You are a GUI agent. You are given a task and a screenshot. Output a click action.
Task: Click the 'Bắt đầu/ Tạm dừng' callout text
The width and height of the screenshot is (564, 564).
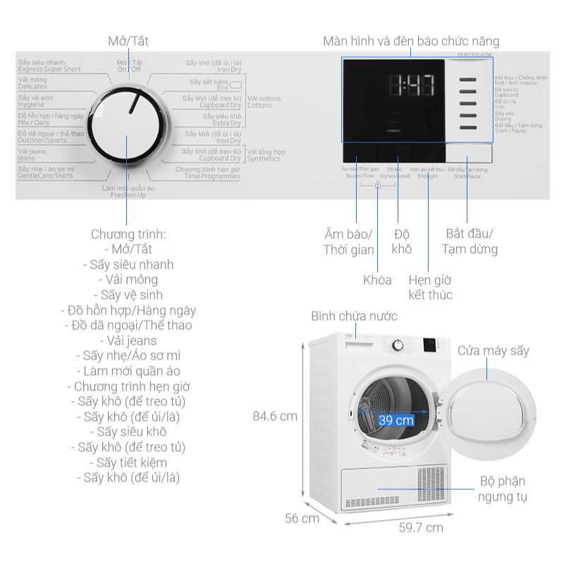(x=470, y=241)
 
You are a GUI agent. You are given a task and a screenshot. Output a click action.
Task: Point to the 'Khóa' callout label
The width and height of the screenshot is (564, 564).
(x=377, y=280)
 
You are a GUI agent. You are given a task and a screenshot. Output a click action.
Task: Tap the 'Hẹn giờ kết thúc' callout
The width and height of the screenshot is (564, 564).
(x=431, y=287)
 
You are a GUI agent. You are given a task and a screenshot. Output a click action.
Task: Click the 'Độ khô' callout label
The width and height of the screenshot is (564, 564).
(x=402, y=241)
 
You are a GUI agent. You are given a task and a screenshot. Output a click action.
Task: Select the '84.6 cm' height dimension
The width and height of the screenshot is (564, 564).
(x=275, y=416)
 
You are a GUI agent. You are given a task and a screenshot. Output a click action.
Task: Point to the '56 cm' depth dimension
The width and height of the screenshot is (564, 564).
(x=301, y=519)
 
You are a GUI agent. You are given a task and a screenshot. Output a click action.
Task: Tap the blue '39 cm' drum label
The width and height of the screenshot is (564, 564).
(x=396, y=420)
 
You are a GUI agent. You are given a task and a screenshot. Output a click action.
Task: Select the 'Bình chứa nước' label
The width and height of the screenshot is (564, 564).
(x=355, y=317)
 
